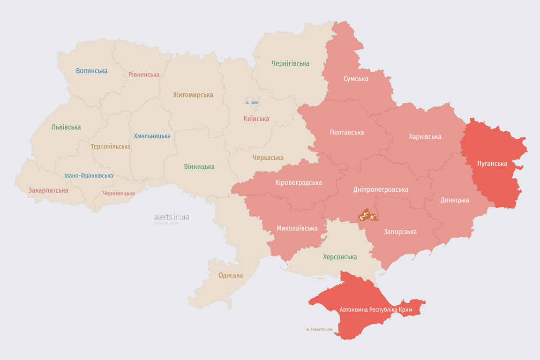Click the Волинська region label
[x=92, y=71]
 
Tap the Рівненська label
[x=144, y=75]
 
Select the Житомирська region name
[x=193, y=95]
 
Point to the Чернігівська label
[x=290, y=63]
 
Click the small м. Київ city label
[x=252, y=102]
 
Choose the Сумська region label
[x=356, y=78]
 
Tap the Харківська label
[x=425, y=136]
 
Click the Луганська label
[x=492, y=164]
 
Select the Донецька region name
[x=454, y=200]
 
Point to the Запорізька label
[x=400, y=232]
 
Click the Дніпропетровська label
[x=380, y=189]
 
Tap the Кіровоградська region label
[x=298, y=182]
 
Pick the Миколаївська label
[x=296, y=228]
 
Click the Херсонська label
[x=339, y=257]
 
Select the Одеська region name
[x=231, y=275]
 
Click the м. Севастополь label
[x=319, y=329]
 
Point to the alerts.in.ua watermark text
[x=172, y=217]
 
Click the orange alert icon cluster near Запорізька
[x=367, y=216]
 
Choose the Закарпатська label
[x=48, y=190]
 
